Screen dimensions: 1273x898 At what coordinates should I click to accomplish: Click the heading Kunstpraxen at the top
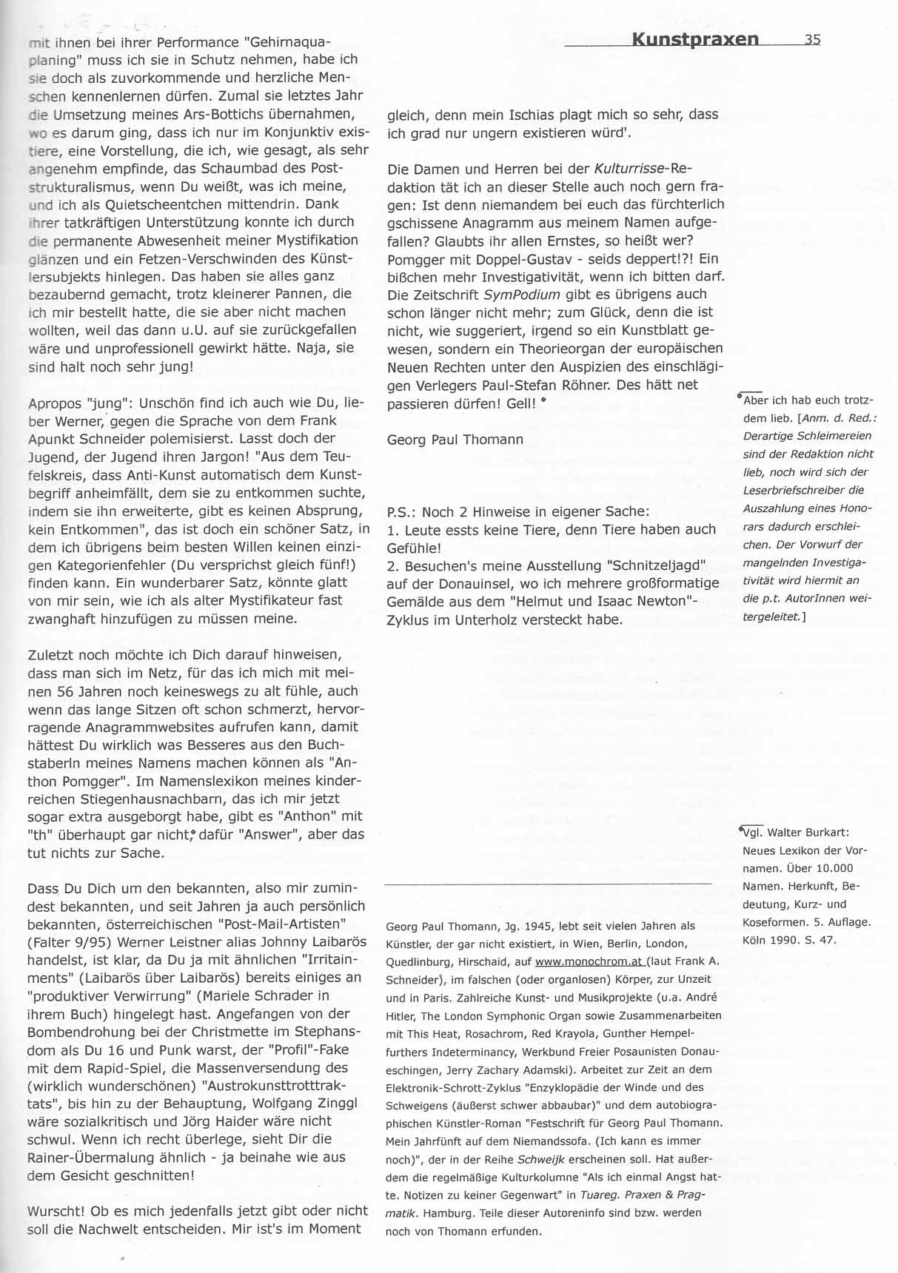[695, 39]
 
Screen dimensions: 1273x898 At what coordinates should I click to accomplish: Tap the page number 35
[812, 40]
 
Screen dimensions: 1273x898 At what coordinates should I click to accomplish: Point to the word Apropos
[53, 403]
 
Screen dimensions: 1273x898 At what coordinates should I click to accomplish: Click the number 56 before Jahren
[64, 691]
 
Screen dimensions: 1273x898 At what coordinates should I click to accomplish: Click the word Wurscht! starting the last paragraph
[56, 1211]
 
